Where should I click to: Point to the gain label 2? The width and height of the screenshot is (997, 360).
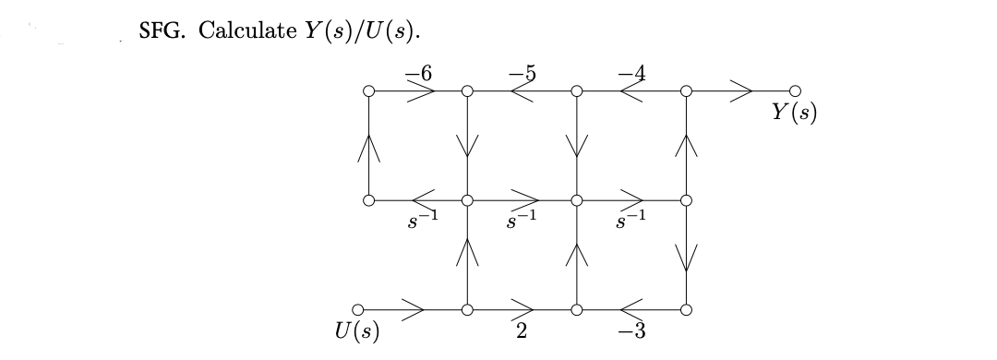tap(522, 332)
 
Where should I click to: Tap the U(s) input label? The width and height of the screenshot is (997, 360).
tap(360, 330)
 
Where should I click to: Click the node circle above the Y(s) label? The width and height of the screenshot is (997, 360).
tap(796, 91)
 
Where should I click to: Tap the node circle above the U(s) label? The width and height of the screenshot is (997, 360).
tap(359, 309)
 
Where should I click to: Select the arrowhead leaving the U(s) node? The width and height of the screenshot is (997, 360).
tap(413, 309)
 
